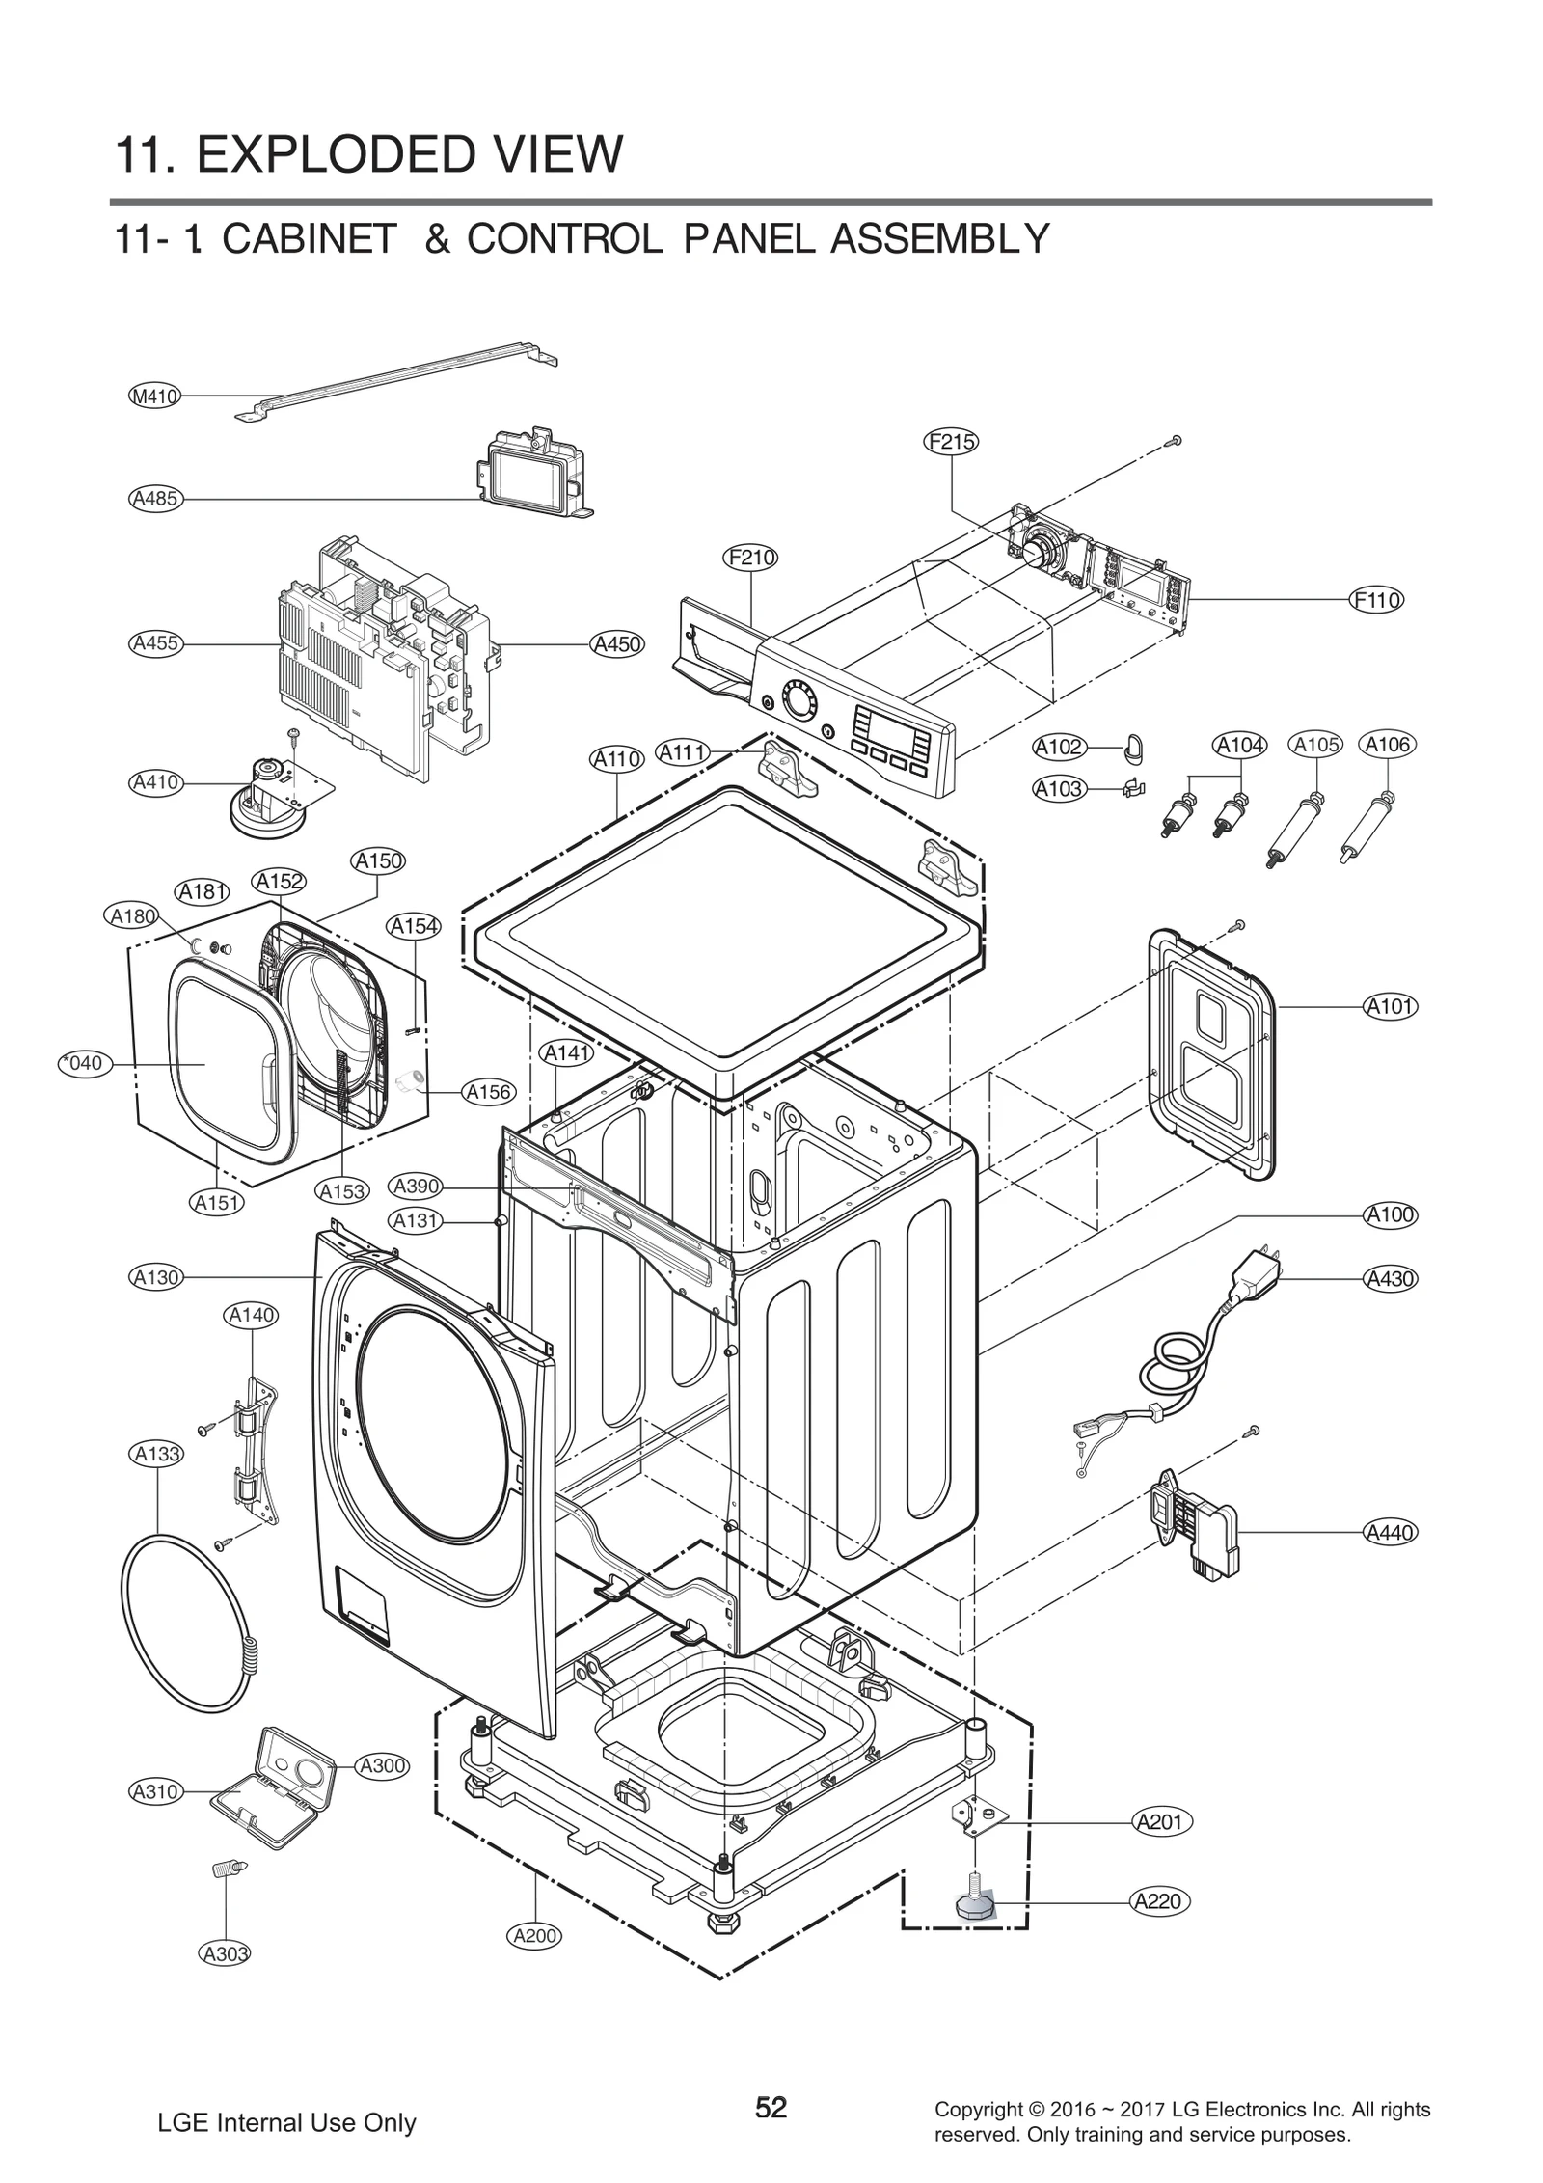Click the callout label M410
[x=154, y=396]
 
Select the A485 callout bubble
[x=154, y=499]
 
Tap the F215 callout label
[x=951, y=442]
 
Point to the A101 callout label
[x=1390, y=1006]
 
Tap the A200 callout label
[x=533, y=1935]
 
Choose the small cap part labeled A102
[x=1132, y=746]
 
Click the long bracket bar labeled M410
[x=395, y=379]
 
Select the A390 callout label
[x=416, y=1187]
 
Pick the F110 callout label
[x=1376, y=600]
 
